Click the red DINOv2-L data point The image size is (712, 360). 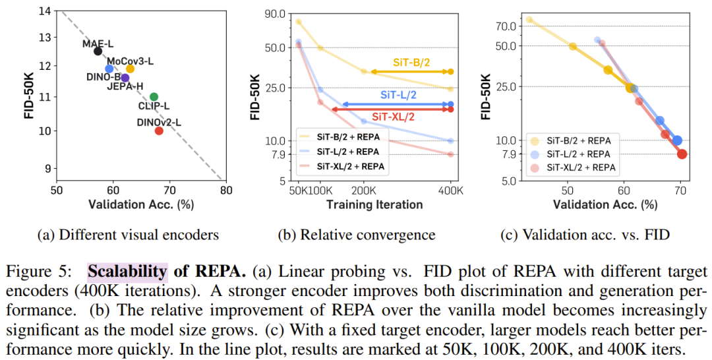point(159,131)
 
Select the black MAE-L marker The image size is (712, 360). point(98,51)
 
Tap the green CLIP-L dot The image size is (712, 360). point(154,97)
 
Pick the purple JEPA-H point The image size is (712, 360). point(125,78)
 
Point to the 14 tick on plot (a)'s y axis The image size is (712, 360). point(46,11)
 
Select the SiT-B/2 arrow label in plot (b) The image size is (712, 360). point(411,62)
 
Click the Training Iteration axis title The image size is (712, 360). point(374,204)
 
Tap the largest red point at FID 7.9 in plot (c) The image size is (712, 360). point(682,154)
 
